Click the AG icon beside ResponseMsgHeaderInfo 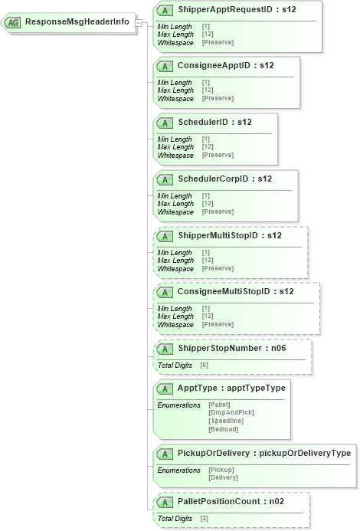pyautogui.click(x=13, y=22)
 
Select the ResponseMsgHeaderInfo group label pyautogui.click(x=77, y=22)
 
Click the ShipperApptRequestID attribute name pyautogui.click(x=237, y=10)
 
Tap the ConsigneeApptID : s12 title pyautogui.click(x=226, y=66)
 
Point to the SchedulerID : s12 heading pyautogui.click(x=214, y=122)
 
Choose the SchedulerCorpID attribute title pyautogui.click(x=224, y=179)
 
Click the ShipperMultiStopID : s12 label pyautogui.click(x=230, y=235)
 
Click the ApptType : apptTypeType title pyautogui.click(x=231, y=388)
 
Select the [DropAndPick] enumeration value pyautogui.click(x=231, y=413)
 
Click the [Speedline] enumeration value pyautogui.click(x=226, y=421)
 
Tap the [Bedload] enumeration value pyautogui.click(x=224, y=430)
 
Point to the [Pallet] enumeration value pyautogui.click(x=220, y=405)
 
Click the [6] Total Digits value pyautogui.click(x=205, y=365)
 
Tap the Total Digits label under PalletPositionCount pyautogui.click(x=175, y=519)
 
